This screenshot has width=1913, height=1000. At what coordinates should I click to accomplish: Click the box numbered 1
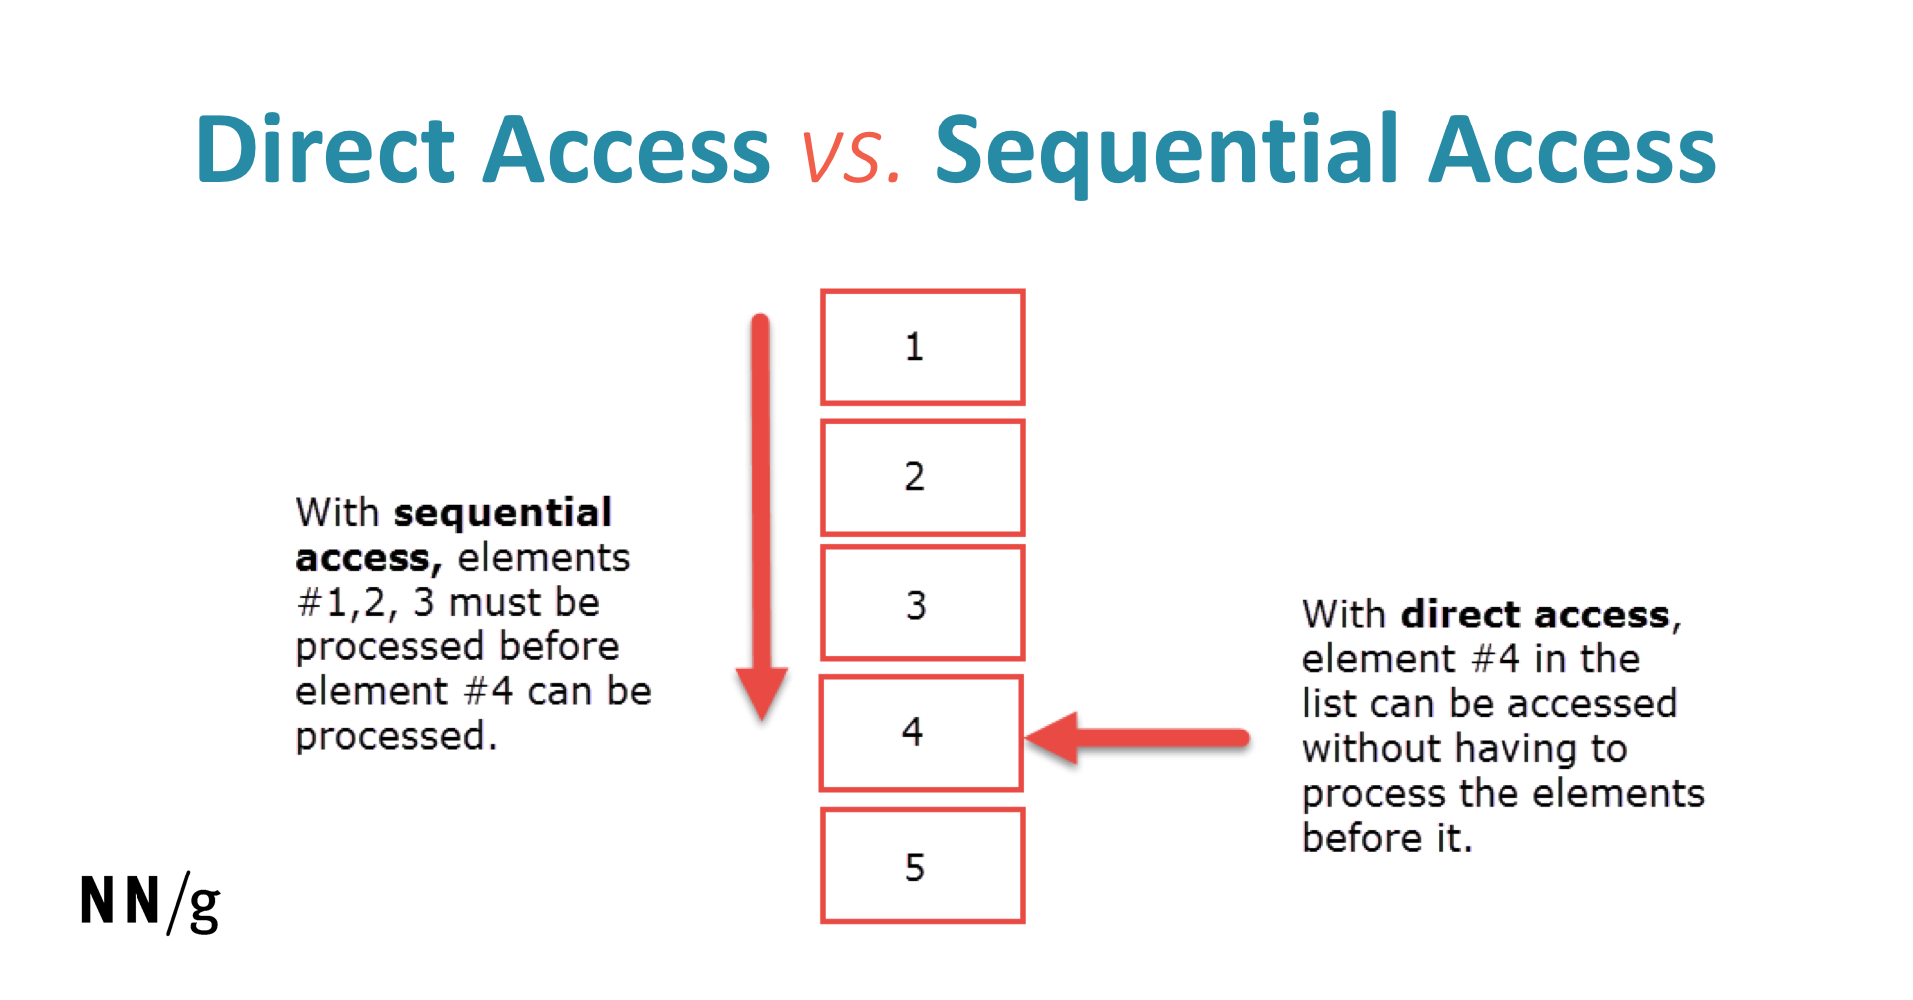pyautogui.click(x=923, y=348)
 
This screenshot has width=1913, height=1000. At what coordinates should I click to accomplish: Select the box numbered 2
pyautogui.click(x=923, y=477)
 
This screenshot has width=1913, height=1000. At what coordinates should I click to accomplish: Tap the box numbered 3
pyautogui.click(x=923, y=603)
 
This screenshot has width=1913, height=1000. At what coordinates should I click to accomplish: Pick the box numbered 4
pyautogui.click(x=922, y=733)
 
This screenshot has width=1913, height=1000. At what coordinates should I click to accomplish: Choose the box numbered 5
pyautogui.click(x=923, y=866)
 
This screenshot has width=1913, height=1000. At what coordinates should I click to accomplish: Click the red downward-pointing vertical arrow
pyautogui.click(x=761, y=516)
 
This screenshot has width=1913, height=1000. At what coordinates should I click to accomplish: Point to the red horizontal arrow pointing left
pyautogui.click(x=1137, y=738)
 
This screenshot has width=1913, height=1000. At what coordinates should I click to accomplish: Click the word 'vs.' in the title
pyautogui.click(x=852, y=155)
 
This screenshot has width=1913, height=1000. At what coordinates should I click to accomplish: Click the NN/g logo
pyautogui.click(x=150, y=902)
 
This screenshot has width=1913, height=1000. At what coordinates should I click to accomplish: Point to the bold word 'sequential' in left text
pyautogui.click(x=502, y=513)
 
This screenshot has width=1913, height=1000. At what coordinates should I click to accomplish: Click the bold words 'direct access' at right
pyautogui.click(x=1535, y=615)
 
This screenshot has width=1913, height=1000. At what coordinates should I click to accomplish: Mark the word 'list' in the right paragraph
pyautogui.click(x=1326, y=703)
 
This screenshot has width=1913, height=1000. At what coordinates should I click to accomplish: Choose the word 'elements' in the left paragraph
pyautogui.click(x=544, y=558)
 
